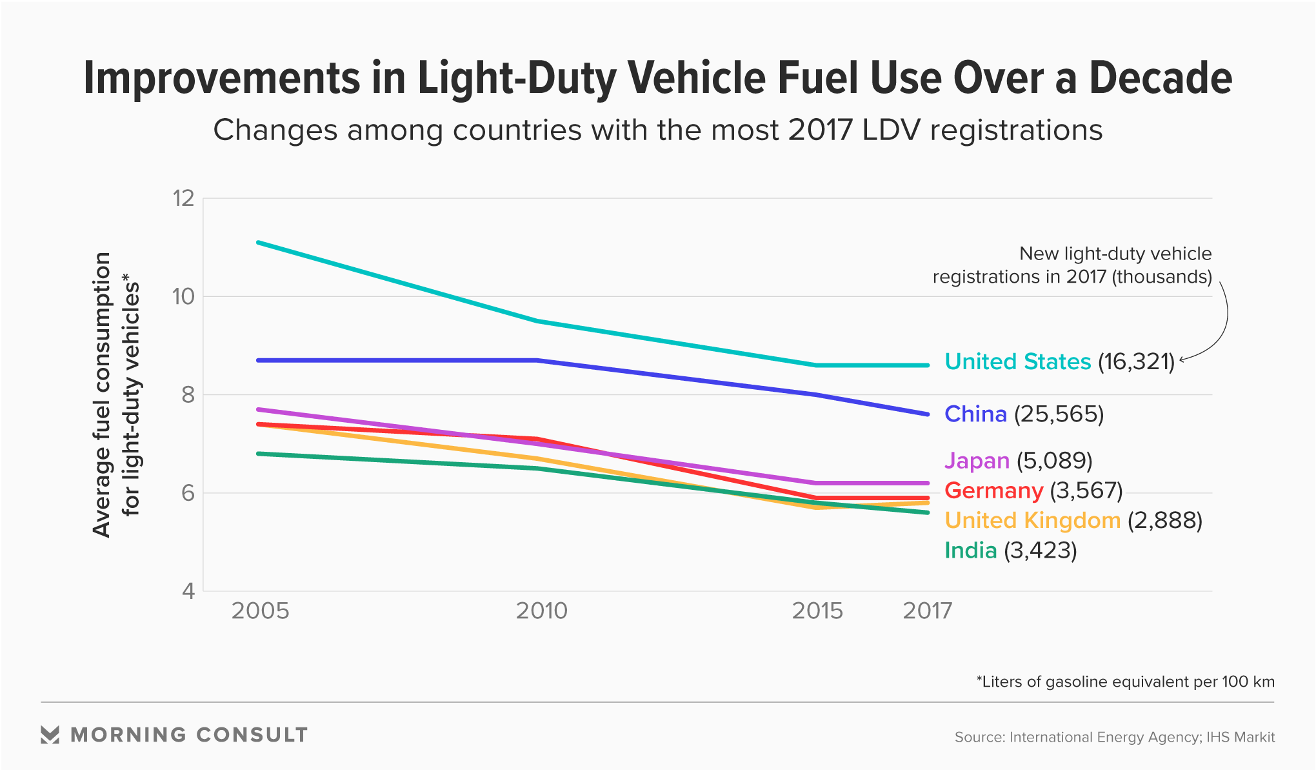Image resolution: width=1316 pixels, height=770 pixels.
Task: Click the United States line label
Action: [x=1017, y=361]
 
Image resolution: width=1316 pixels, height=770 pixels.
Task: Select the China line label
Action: [x=975, y=414]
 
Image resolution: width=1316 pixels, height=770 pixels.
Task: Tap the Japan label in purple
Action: [x=977, y=461]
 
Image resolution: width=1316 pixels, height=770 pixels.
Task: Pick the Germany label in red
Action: [x=993, y=491]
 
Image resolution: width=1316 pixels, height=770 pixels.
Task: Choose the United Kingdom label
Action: [x=1032, y=520]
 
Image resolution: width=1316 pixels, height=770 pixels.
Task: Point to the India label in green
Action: [x=970, y=551]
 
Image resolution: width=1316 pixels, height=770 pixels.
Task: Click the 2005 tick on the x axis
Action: [x=260, y=611]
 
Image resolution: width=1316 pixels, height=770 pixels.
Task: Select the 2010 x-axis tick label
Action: [x=541, y=611]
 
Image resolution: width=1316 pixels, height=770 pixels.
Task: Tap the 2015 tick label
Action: [x=817, y=611]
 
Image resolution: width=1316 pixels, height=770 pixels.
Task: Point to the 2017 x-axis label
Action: [x=927, y=611]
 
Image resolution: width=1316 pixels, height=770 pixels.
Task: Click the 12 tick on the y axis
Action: [x=183, y=198]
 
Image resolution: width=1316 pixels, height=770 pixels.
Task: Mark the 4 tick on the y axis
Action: [x=188, y=591]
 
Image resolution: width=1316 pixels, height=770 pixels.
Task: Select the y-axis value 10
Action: [x=183, y=297]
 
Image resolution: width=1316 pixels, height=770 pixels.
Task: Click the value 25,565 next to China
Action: [x=1059, y=414]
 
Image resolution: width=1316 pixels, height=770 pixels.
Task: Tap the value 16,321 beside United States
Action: [x=1137, y=361]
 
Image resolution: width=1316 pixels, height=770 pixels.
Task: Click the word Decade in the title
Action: [x=1161, y=78]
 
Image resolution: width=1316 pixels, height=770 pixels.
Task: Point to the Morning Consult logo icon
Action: [x=50, y=735]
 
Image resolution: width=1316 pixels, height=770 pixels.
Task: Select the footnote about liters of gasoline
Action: [x=1125, y=682]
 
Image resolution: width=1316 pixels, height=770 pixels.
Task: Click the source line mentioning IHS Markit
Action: [x=1114, y=737]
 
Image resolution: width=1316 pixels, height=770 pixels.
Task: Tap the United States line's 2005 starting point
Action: [x=258, y=243]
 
